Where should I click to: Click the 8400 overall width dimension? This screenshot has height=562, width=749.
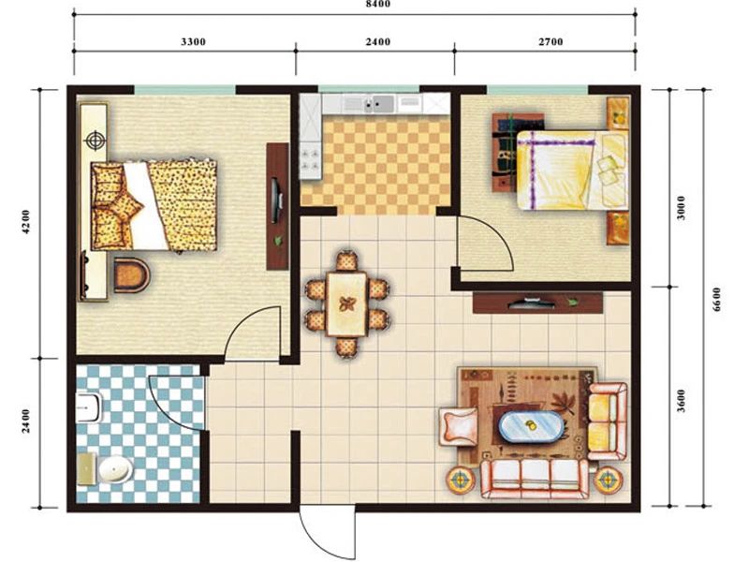click(x=378, y=5)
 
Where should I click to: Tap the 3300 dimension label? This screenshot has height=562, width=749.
click(x=194, y=42)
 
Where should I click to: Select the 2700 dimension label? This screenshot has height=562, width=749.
click(x=551, y=42)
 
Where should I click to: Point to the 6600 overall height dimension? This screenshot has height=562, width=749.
click(x=716, y=300)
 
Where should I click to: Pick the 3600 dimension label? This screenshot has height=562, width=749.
click(x=682, y=401)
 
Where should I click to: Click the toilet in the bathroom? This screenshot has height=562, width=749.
click(x=89, y=407)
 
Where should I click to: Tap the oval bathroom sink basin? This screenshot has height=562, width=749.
click(x=115, y=470)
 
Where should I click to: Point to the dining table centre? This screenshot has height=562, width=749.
click(x=347, y=303)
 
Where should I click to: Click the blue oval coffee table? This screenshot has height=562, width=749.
click(x=531, y=427)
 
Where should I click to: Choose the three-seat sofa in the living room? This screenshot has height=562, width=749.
click(x=535, y=479)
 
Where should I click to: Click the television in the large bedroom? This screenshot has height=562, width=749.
click(x=276, y=200)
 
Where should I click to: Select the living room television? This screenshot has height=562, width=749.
click(x=532, y=303)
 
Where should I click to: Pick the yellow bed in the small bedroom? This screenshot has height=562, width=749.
click(x=572, y=170)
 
